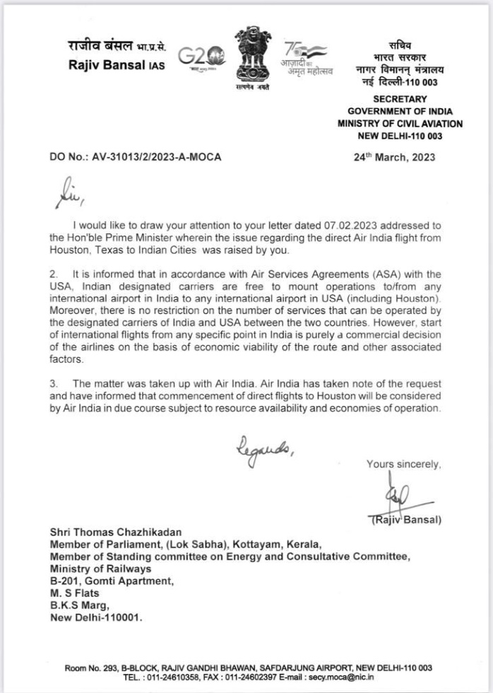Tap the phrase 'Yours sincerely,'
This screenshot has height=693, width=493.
tap(403, 464)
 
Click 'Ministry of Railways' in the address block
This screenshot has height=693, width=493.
tap(100, 569)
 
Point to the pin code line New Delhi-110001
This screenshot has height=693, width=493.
tap(95, 617)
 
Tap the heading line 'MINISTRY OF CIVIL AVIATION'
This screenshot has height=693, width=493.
tap(400, 124)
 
